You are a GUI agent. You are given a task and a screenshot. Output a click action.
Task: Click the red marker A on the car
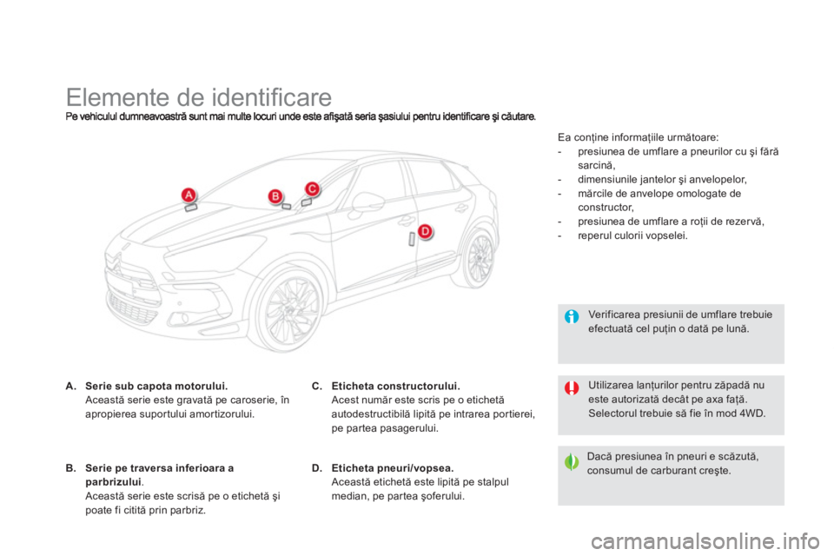pyautogui.click(x=189, y=195)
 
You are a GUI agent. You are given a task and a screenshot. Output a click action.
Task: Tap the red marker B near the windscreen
pyautogui.click(x=275, y=196)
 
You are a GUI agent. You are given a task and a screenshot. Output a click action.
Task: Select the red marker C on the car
pyautogui.click(x=312, y=189)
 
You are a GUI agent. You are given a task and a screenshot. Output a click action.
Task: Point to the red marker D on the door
pyautogui.click(x=425, y=232)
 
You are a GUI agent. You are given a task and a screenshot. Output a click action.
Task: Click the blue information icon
pyautogui.click(x=572, y=317)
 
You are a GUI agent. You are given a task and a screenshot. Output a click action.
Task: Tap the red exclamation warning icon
pyautogui.click(x=572, y=388)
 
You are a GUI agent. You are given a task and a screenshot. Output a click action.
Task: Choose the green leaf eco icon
pyautogui.click(x=572, y=462)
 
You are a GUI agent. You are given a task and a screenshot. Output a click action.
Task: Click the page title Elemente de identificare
pyautogui.click(x=199, y=97)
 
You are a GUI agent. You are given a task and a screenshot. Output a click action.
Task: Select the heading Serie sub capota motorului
pyautogui.click(x=156, y=387)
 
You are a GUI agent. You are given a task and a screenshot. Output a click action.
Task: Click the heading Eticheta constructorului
pyautogui.click(x=396, y=387)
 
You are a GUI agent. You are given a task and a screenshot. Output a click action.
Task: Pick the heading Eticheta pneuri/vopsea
pyautogui.click(x=393, y=468)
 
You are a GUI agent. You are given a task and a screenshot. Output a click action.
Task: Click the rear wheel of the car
pyautogui.click(x=479, y=258)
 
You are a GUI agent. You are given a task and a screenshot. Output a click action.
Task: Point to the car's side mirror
pyautogui.click(x=367, y=202)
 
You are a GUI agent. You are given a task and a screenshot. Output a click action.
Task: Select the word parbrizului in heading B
pyautogui.click(x=113, y=482)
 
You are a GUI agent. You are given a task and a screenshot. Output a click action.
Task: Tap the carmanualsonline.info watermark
pyautogui.click(x=705, y=541)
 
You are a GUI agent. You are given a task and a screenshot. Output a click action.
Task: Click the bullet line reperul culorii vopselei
pyautogui.click(x=633, y=235)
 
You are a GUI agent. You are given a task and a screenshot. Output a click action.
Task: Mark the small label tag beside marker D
pyautogui.click(x=412, y=239)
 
